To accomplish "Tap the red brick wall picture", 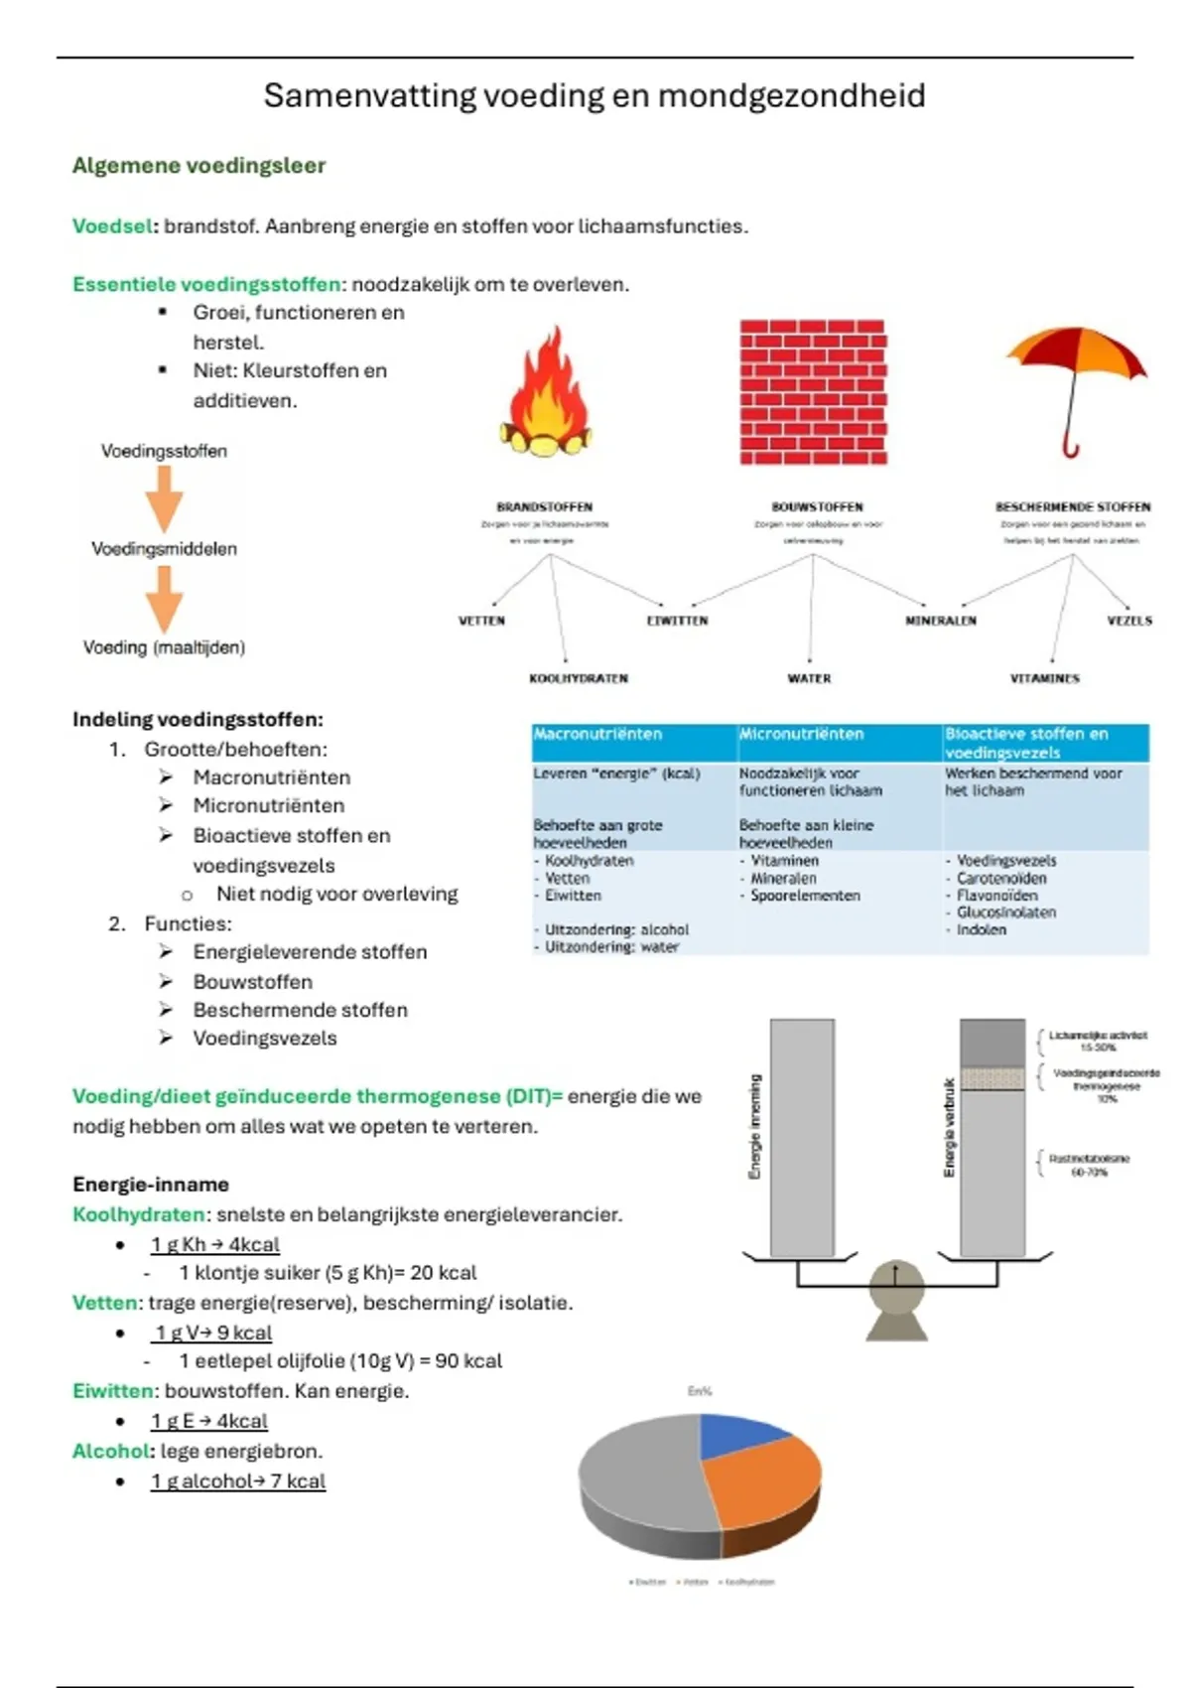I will pos(813,392).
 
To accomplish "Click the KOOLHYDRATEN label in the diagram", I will pos(579,678).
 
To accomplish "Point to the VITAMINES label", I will pos(1044,678).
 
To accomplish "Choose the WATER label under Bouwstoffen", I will pos(809,678).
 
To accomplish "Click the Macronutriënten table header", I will pos(597,734).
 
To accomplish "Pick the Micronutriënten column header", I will pos(801,734).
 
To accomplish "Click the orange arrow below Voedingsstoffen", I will pos(165,498).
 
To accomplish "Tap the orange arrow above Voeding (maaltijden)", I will pos(165,598).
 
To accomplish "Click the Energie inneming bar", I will pos(802,1137).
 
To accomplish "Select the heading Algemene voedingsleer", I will pos(198,166).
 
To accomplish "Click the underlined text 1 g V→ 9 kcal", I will pos(212,1333).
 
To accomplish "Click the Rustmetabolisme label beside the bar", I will pos(1089,1165).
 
